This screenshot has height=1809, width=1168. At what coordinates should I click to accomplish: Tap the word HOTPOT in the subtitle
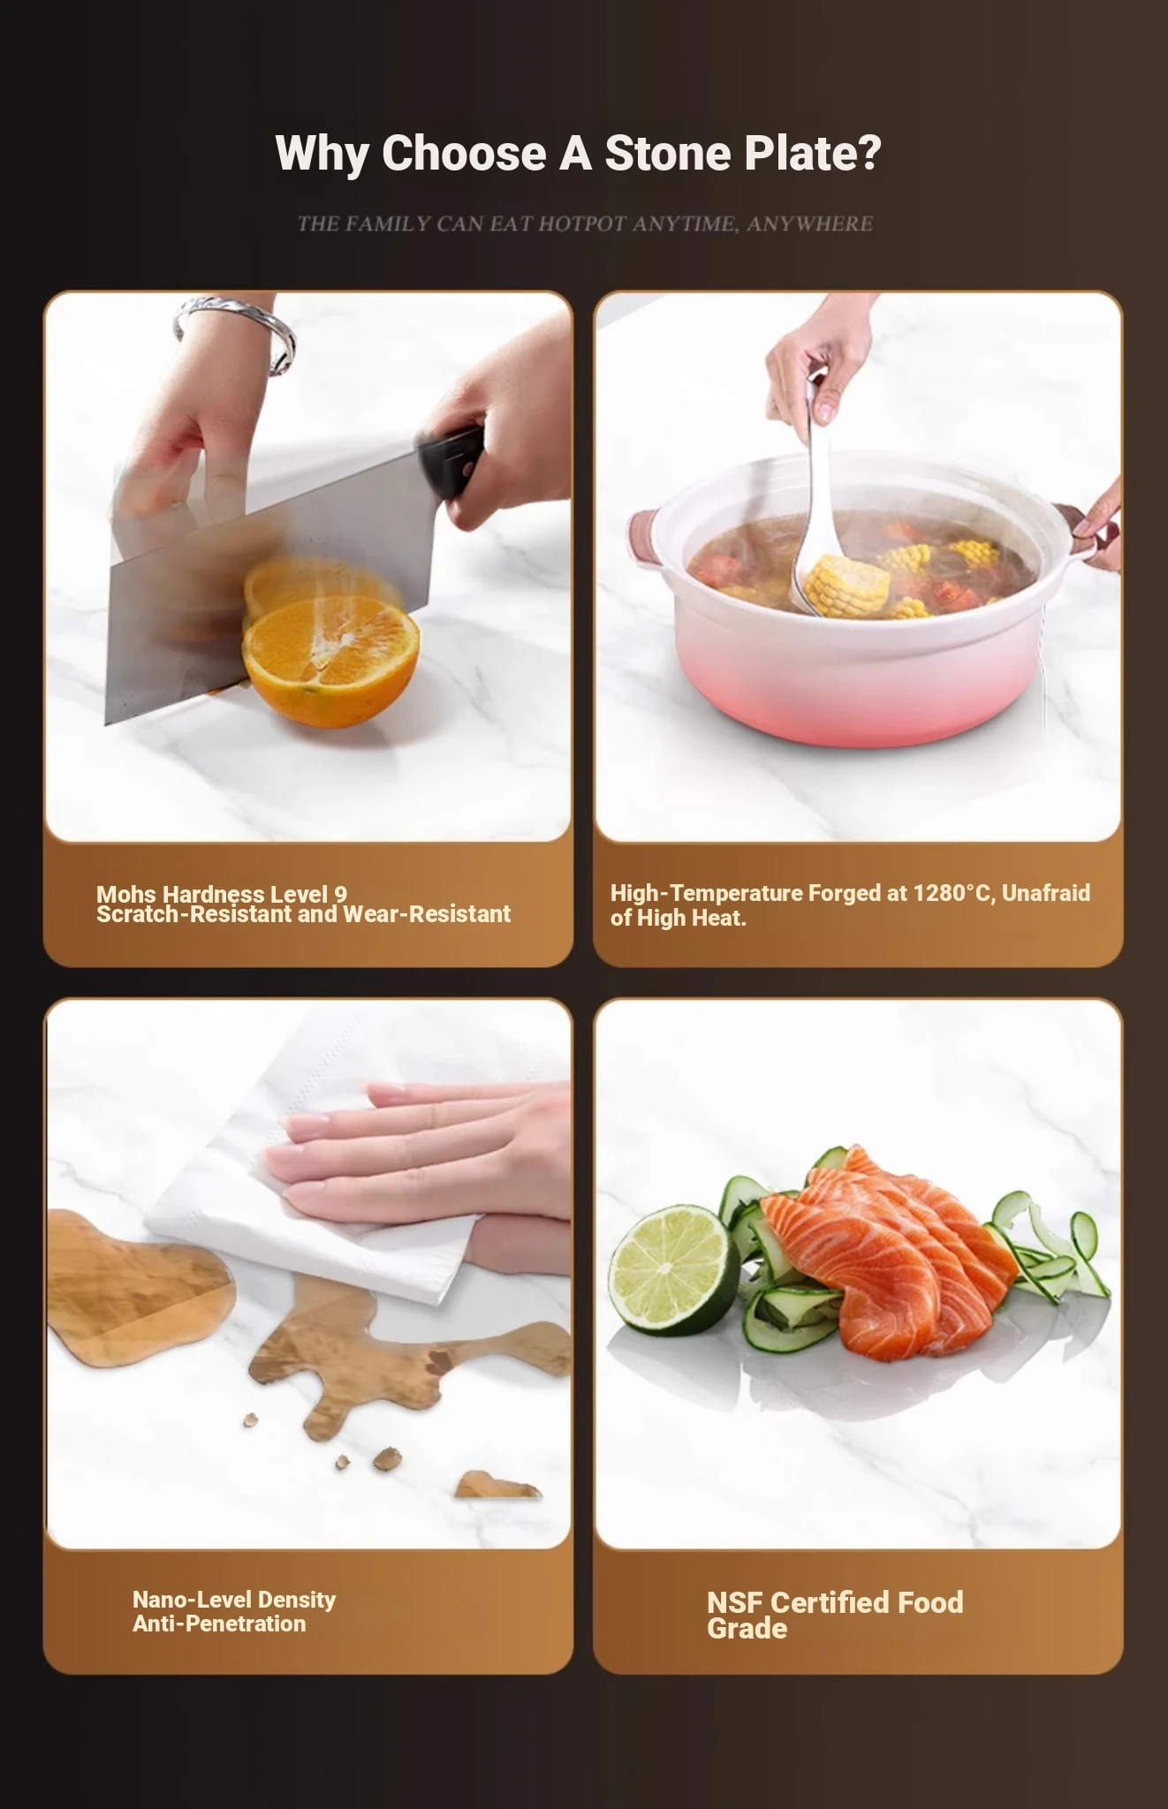tap(582, 223)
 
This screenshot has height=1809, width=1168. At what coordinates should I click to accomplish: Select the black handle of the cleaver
tap(452, 459)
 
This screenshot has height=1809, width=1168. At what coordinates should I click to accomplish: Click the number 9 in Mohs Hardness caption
tap(341, 894)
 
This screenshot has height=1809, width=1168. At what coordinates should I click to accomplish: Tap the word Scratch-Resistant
tap(194, 914)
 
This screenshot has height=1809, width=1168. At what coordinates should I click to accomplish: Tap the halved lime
tap(675, 1272)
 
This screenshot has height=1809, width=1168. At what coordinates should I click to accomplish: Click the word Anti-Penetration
tap(219, 1624)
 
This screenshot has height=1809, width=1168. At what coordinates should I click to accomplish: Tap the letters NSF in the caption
tap(736, 1602)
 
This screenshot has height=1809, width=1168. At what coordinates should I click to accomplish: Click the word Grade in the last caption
tap(747, 1628)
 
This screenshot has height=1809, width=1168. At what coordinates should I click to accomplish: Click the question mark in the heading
tap(869, 153)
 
